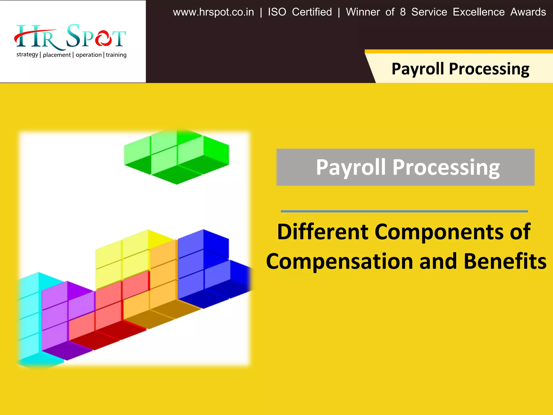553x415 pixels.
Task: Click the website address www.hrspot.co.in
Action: pos(213,12)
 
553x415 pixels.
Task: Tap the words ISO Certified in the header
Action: pos(300,12)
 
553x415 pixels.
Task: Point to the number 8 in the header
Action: pos(403,12)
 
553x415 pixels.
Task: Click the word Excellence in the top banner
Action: pos(478,12)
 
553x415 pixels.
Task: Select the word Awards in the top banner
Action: pos(528,12)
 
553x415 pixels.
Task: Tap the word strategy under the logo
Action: pos(27,55)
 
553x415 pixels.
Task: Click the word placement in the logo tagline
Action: pos(57,55)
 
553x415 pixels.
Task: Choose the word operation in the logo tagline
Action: pos(89,55)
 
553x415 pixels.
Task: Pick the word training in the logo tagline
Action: pos(116,55)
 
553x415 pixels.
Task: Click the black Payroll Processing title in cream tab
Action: pos(460,69)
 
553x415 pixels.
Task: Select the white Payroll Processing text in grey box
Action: pos(408,167)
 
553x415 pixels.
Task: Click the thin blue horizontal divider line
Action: pos(404,211)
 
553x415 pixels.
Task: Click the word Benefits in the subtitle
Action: pos(505,261)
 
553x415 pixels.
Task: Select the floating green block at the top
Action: pos(177,157)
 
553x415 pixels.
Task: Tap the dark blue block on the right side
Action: pos(205,267)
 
